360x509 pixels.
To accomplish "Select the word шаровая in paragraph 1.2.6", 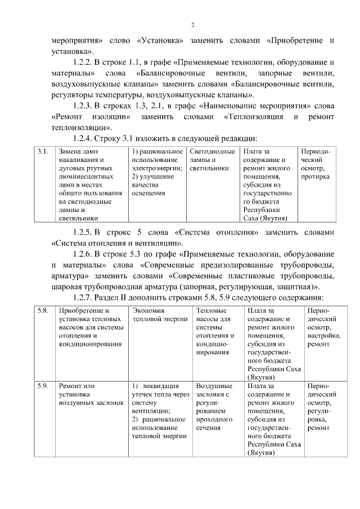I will coord(68,287).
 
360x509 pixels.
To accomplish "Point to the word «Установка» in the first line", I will coord(160,41).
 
